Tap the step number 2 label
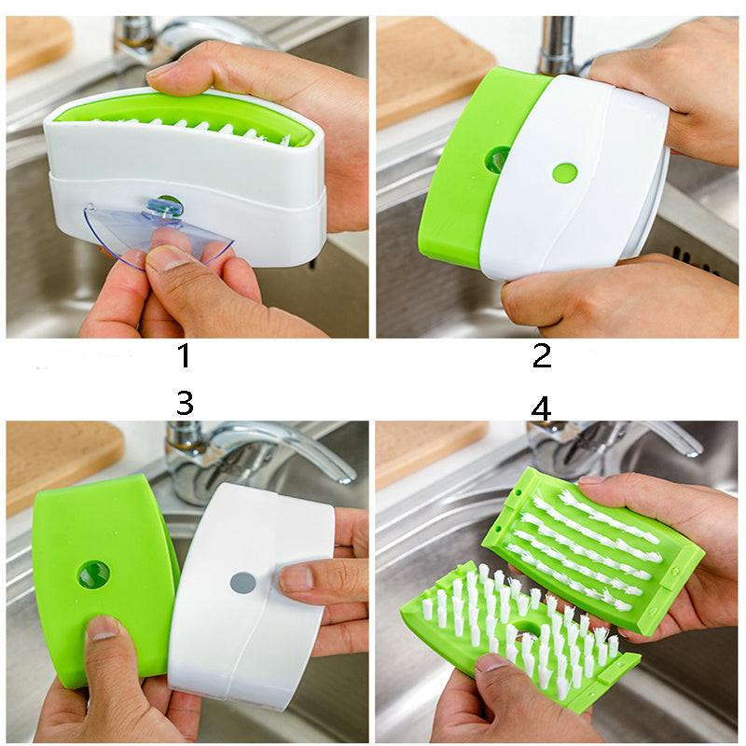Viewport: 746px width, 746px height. [542, 355]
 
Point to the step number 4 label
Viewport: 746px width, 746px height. [541, 408]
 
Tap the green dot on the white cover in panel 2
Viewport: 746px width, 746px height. [563, 173]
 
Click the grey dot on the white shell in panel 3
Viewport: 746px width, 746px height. [242, 583]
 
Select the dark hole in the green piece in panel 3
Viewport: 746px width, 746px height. [93, 574]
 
